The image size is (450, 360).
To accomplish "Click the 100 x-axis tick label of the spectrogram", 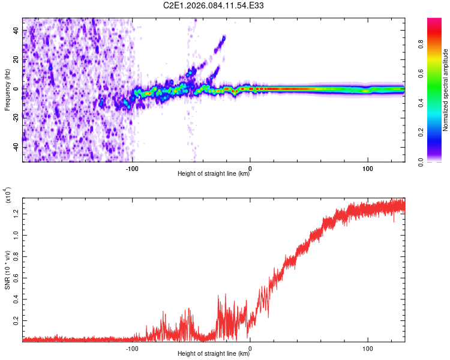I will point(367,167).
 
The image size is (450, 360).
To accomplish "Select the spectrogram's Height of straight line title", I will point(214,174).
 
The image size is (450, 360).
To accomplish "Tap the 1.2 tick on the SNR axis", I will point(23,213).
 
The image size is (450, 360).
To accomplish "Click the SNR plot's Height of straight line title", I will point(214,354).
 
